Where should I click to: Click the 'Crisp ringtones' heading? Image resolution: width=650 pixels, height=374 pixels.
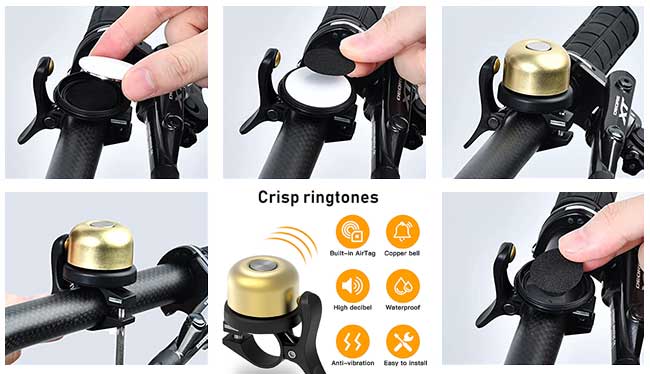[x=318, y=197]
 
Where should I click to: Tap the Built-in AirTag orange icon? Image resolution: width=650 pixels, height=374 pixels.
[x=352, y=231]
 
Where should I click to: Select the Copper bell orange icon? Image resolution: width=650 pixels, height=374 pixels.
[x=403, y=231]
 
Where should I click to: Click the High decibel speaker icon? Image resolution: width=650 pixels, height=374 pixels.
[x=352, y=286]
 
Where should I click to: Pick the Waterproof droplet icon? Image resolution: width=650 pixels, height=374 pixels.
[x=403, y=286]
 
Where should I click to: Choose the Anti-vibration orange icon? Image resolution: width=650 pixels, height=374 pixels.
[x=352, y=342]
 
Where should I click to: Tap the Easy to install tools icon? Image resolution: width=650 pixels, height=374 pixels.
[x=403, y=342]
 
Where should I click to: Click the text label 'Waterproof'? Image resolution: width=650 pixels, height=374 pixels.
[x=403, y=308]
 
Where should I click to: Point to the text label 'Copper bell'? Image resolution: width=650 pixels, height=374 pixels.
[x=402, y=253]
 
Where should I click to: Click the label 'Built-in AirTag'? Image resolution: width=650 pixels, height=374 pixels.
[x=352, y=253]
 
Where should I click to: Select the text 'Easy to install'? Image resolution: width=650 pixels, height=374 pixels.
[x=405, y=363]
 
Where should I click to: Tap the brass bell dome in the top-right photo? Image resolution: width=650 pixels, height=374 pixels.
[x=537, y=67]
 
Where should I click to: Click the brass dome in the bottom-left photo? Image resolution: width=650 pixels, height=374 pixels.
[x=101, y=245]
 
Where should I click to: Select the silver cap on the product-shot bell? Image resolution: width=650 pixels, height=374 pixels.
[x=261, y=264]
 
